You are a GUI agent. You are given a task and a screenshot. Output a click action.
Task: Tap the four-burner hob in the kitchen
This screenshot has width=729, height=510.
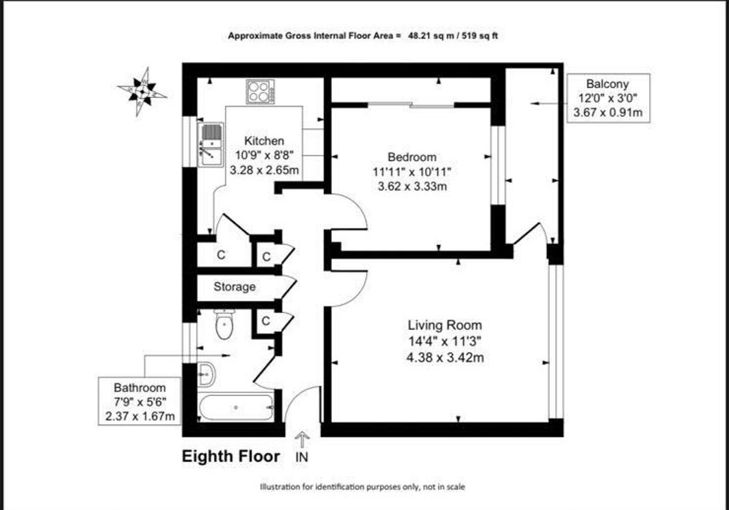(x=260, y=92)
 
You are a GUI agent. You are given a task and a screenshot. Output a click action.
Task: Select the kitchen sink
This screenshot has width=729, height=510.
(x=211, y=145)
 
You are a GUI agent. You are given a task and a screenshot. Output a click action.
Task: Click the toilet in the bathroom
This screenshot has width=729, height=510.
(x=224, y=325)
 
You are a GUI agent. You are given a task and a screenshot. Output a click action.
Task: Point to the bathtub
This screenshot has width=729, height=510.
(x=236, y=408)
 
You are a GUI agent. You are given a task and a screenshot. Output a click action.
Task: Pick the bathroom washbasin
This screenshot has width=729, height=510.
(x=206, y=374)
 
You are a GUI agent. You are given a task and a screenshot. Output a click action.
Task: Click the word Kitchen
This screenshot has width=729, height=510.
(x=264, y=141)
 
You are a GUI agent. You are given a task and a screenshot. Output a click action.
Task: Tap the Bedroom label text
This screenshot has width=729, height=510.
(x=412, y=157)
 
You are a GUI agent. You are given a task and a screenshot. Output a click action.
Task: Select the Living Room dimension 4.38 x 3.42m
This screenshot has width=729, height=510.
(x=445, y=358)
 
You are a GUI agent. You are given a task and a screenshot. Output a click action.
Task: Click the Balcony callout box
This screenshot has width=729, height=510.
(x=608, y=98)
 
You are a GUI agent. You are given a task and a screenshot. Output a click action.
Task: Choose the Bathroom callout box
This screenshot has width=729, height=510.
(x=140, y=401)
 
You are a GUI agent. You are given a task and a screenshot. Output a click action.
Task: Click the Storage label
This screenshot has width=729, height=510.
(x=234, y=287)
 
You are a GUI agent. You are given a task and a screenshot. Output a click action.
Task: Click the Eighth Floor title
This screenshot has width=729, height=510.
(x=231, y=456)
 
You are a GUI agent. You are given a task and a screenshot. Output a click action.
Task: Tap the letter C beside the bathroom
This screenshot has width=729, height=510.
(x=266, y=321)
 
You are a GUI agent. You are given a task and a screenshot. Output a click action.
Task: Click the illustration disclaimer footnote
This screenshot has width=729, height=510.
(x=362, y=487)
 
